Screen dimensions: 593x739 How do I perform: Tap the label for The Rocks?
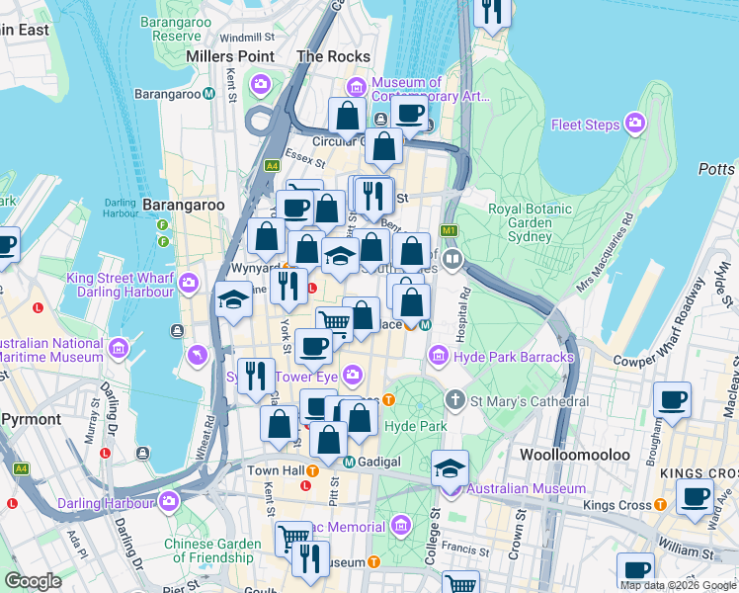334,56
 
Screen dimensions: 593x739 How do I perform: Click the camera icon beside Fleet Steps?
634,125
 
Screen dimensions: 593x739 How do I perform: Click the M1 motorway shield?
449,230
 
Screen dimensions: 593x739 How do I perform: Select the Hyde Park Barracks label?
513,356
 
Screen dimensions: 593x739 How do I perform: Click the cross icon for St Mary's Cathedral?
454,400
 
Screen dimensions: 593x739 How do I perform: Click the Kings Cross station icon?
665,505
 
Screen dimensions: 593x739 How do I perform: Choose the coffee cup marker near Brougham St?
672,401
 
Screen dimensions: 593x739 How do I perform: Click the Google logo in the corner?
33,581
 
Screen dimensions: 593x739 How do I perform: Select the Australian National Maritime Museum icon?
120,348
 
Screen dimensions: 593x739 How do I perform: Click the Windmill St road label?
240,37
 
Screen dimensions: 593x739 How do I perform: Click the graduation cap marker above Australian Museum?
450,468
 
